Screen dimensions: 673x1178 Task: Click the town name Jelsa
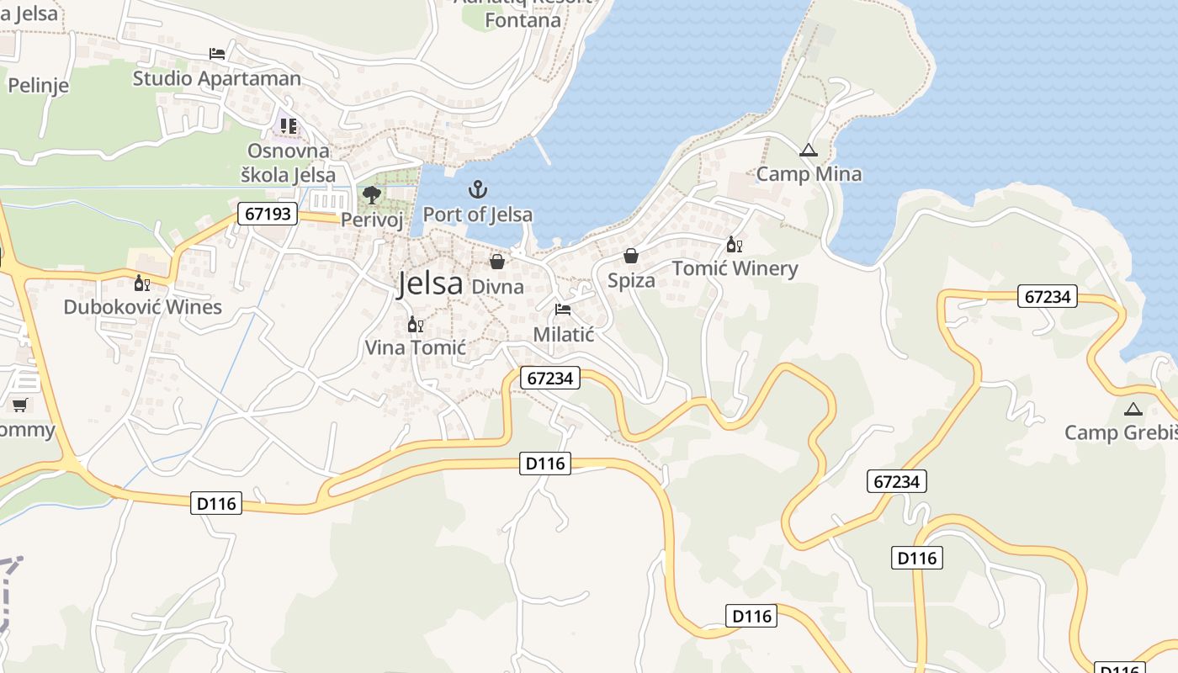[430, 283]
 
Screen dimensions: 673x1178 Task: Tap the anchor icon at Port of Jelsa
[478, 189]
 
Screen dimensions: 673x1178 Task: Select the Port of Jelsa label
[477, 215]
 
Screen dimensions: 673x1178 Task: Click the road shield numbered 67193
[268, 214]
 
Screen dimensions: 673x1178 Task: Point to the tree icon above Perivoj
[371, 196]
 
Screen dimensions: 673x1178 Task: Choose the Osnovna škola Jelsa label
[288, 163]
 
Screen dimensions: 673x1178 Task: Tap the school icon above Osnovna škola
[289, 126]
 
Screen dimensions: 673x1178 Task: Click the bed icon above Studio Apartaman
[217, 54]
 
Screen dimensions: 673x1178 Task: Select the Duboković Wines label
[143, 307]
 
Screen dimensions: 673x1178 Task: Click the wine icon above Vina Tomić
[415, 324]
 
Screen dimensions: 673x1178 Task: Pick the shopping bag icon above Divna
[497, 262]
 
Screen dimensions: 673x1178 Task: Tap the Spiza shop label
[631, 280]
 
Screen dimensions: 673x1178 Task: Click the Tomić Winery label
[735, 269]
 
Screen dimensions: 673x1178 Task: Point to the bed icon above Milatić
[563, 310]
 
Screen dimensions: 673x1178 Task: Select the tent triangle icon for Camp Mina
[809, 151]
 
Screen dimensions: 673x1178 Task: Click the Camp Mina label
[809, 174]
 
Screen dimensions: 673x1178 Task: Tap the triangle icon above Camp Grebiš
[1133, 410]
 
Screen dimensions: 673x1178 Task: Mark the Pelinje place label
[38, 85]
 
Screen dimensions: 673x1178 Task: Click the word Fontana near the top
[523, 20]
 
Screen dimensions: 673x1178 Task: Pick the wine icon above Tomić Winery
[734, 245]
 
